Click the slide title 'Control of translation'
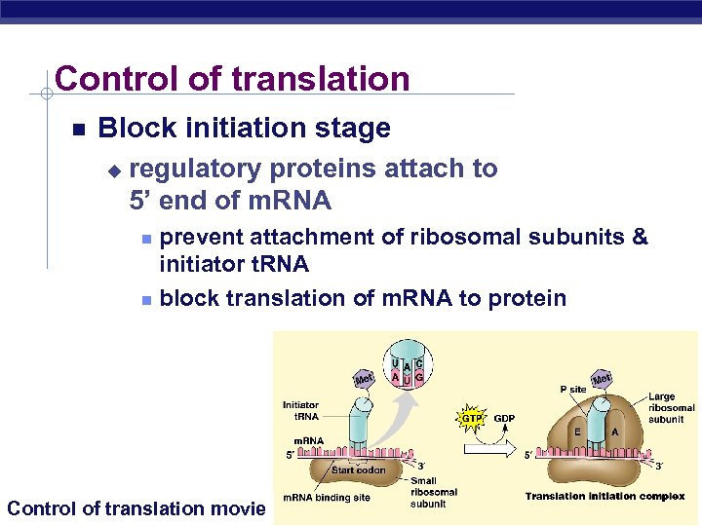(232, 79)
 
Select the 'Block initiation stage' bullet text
(244, 128)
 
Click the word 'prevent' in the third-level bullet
(201, 237)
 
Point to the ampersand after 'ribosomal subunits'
(640, 237)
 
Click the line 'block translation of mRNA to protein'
(363, 298)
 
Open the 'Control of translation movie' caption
(136, 507)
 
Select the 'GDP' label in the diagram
(504, 419)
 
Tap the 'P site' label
(572, 389)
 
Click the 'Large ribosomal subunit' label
(671, 408)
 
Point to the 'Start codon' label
(358, 470)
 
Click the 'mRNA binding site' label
(327, 498)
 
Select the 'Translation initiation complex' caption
(604, 497)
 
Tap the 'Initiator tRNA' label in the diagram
(300, 410)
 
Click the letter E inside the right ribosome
(577, 432)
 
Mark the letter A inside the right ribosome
(614, 432)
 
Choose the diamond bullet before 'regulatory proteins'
(113, 170)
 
